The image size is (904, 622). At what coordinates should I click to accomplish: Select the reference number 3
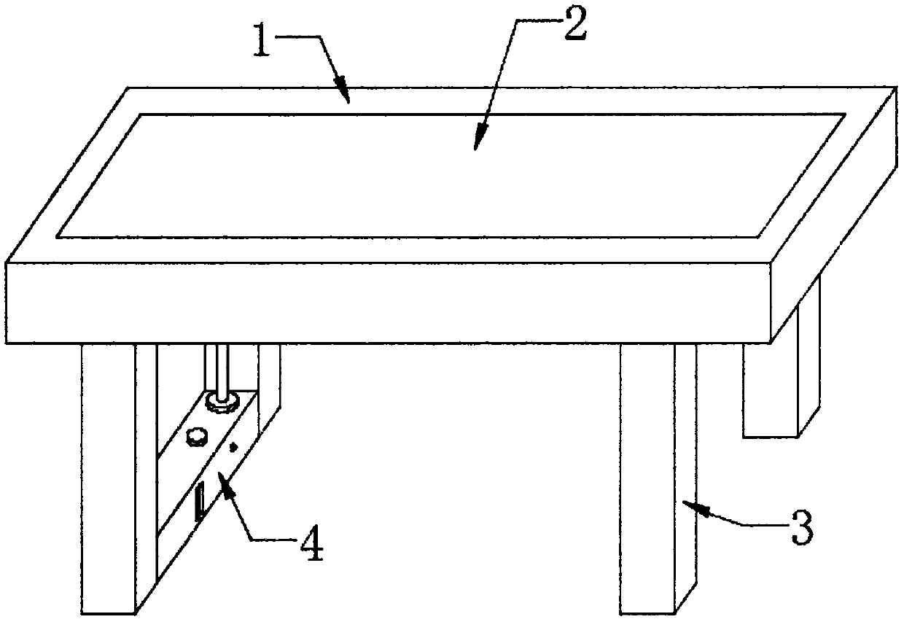(800, 526)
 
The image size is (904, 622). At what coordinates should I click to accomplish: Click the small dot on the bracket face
(233, 447)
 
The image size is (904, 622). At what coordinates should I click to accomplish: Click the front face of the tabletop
(386, 300)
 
